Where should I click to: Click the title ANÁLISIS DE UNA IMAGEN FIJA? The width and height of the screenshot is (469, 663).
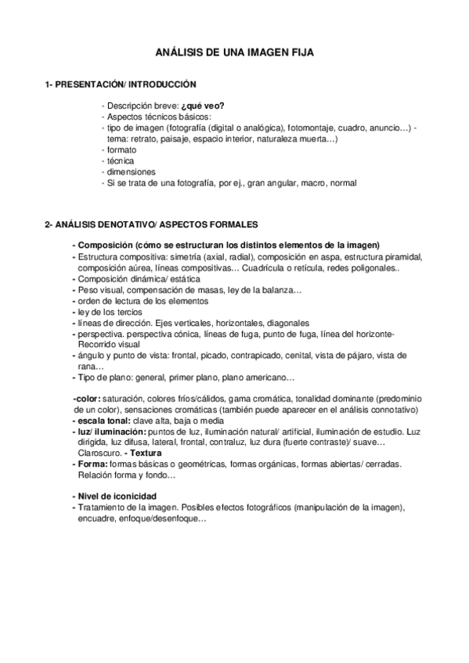pyautogui.click(x=234, y=52)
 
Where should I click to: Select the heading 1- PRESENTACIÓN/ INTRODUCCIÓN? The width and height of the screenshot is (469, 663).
pyautogui.click(x=121, y=84)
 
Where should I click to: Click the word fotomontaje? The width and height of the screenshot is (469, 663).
pyautogui.click(x=310, y=127)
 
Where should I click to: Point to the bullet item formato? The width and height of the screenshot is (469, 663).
pyautogui.click(x=121, y=149)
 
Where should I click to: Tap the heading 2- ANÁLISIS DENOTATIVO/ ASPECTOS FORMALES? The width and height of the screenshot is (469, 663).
pyautogui.click(x=147, y=224)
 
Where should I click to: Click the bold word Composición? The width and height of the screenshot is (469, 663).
pyautogui.click(x=105, y=245)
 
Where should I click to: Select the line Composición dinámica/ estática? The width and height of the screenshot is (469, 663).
pyautogui.click(x=138, y=278)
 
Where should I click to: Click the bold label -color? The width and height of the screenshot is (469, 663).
pyautogui.click(x=85, y=399)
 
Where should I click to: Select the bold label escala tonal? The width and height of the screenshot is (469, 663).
pyautogui.click(x=103, y=421)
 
